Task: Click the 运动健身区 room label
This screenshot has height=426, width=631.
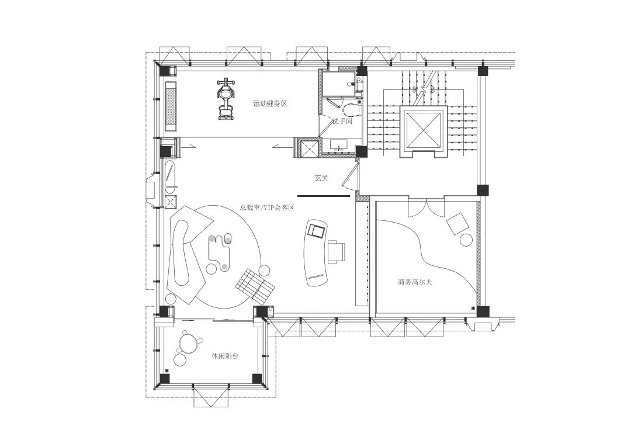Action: point(270,103)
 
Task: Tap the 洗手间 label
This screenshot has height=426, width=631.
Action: point(342,121)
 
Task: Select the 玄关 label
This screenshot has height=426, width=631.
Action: point(321,178)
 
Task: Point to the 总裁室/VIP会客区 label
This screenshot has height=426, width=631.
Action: point(268,208)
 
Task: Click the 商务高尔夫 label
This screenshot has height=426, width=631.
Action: point(415,282)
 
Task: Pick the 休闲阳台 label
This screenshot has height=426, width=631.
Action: point(225,356)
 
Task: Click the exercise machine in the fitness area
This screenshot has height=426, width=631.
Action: point(226,99)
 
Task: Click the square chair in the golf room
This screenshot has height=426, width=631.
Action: point(457,223)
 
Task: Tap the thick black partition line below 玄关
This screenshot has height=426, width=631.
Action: point(324,196)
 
